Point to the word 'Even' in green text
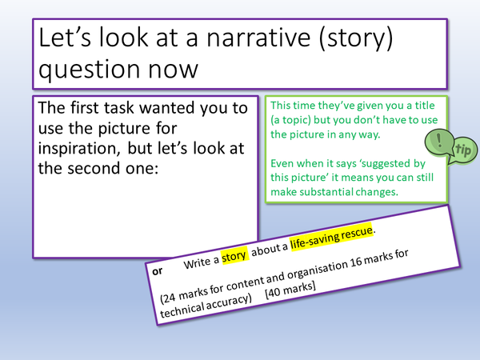pos(283,163)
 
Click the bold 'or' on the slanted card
pos(157,270)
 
